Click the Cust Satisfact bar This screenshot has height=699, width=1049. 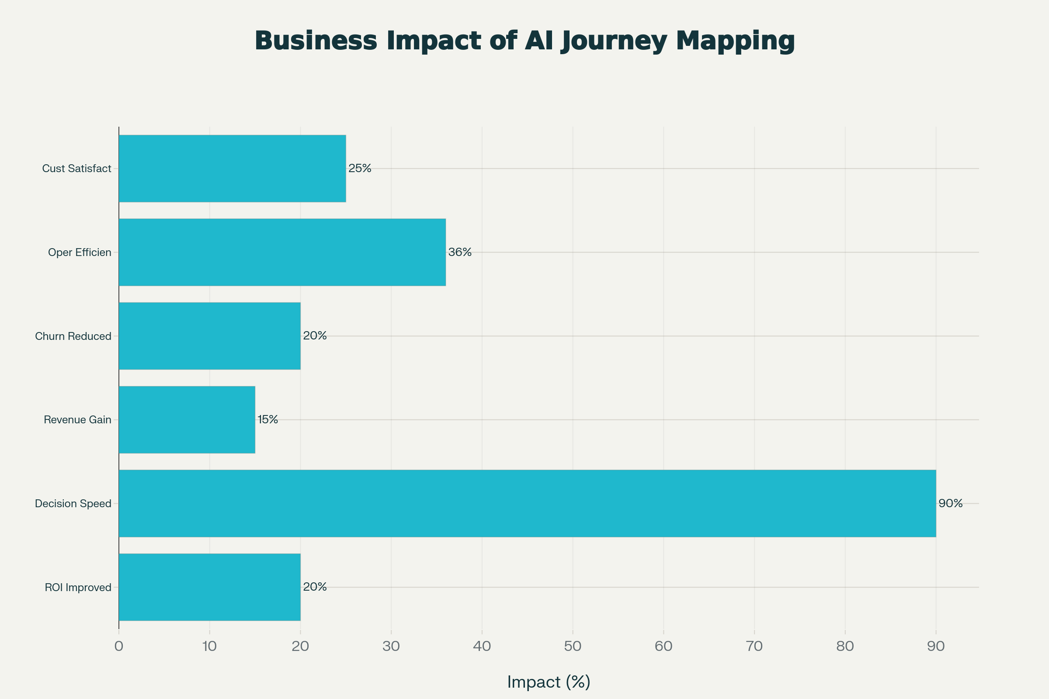[232, 169]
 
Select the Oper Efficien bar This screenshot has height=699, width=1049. [282, 253]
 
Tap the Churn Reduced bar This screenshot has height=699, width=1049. [210, 336]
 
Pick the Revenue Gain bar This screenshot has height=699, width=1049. [187, 419]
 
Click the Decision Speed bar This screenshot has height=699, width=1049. [527, 503]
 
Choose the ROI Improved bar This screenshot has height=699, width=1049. [210, 587]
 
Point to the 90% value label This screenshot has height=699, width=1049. [950, 504]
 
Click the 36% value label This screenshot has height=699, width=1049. [460, 253]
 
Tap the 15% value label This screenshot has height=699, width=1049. [267, 419]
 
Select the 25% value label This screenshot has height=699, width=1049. [359, 169]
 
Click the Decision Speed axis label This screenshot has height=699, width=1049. [73, 504]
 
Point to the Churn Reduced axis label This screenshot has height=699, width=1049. [73, 336]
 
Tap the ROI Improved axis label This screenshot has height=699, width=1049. [78, 588]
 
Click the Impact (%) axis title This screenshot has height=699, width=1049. [549, 682]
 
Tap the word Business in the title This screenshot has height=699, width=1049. [316, 41]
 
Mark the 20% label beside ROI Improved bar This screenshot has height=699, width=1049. [315, 587]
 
